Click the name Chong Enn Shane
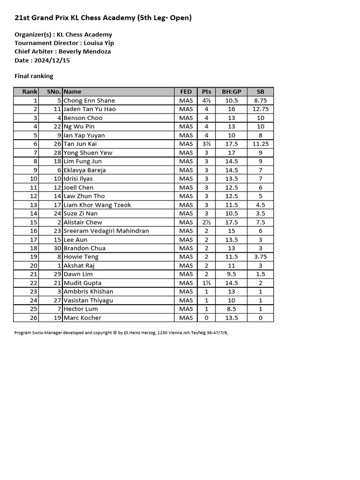89,100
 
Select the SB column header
261,92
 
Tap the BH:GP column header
232,92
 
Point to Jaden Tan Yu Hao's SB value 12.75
261,109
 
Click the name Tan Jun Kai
80,144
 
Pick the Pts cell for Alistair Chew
206,222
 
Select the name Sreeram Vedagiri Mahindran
106,231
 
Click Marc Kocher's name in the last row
82,318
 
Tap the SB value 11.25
261,144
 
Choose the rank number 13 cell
33,205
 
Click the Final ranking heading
34,76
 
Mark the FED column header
186,92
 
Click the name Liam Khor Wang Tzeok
97,205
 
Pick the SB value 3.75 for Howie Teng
261,257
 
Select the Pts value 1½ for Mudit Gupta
206,283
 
